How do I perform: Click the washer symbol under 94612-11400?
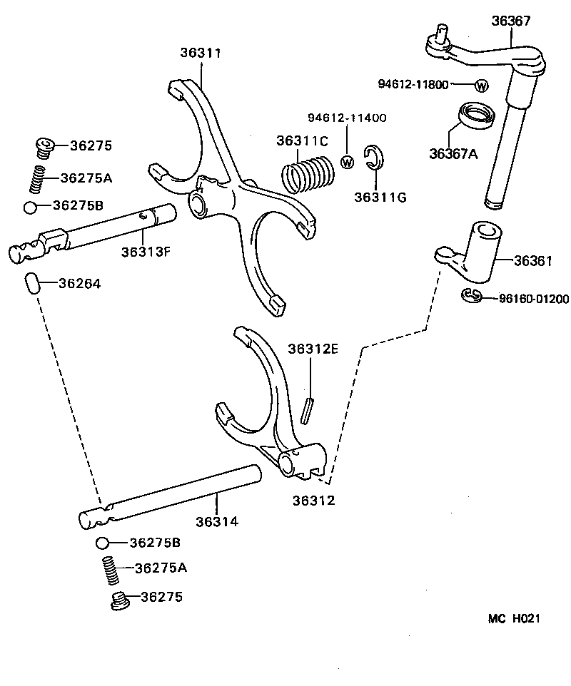coord(348,161)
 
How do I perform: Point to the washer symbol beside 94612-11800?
coord(481,86)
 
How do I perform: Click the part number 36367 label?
coord(510,21)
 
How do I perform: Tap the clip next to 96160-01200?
coord(471,296)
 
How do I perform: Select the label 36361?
coord(533,260)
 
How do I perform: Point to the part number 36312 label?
coord(313,500)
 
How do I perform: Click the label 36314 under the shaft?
coord(217,521)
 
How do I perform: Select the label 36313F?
coord(146,251)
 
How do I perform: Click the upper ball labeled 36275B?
coord(30,208)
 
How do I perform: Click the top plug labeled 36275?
coord(45,148)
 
